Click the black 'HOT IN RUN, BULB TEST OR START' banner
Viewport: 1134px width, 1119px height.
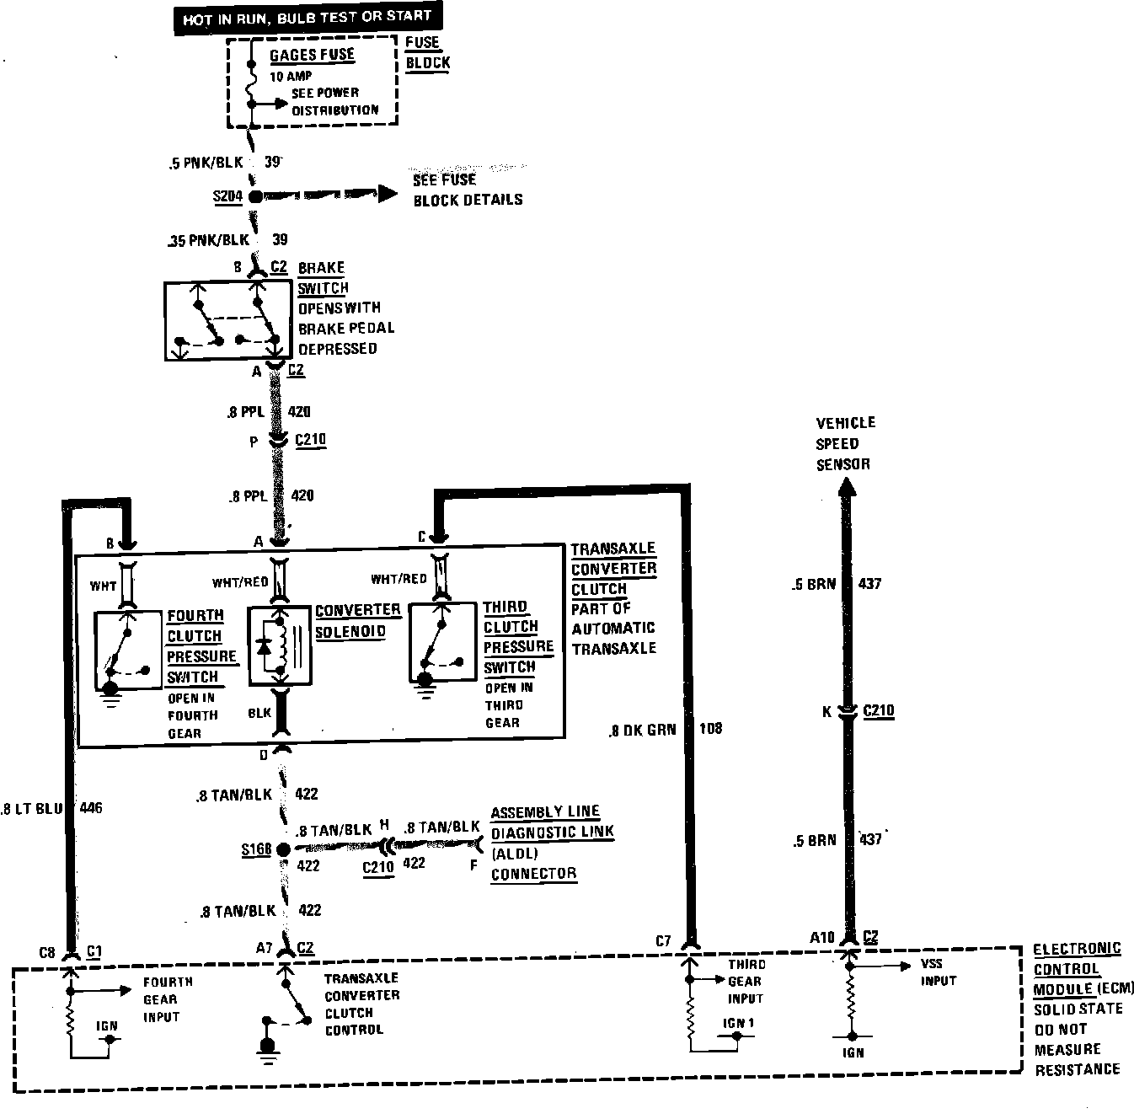(308, 18)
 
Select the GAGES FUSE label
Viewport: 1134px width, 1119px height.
(312, 56)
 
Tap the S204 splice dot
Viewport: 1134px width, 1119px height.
(256, 197)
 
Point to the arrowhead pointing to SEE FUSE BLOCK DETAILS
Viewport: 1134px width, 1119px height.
(387, 194)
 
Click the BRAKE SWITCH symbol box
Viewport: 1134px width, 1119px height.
(227, 321)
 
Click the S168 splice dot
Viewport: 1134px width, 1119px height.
(283, 849)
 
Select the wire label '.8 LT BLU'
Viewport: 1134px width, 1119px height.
(32, 809)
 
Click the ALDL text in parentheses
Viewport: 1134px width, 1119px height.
(514, 853)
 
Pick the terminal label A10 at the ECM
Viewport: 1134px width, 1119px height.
(822, 938)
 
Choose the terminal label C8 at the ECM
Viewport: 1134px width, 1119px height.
(47, 953)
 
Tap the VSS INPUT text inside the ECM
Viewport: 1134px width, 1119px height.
(938, 972)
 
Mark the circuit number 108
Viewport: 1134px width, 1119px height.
(711, 728)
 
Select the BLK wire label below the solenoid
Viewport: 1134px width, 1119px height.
(259, 713)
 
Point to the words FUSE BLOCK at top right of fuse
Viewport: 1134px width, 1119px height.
(427, 52)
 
